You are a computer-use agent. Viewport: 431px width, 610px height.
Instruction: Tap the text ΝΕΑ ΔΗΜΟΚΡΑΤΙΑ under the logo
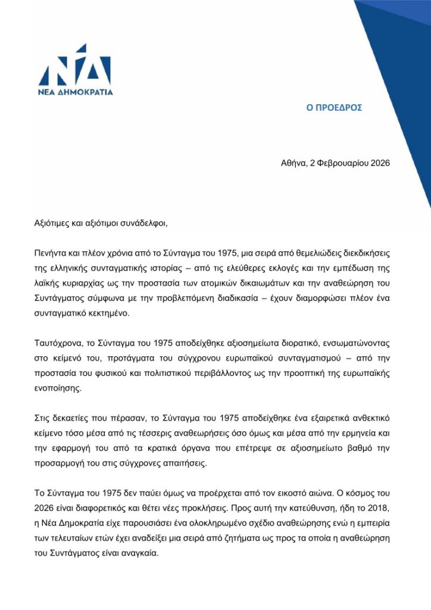click(75, 92)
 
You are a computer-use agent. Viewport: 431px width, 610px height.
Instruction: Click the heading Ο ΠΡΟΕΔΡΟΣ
click(335, 108)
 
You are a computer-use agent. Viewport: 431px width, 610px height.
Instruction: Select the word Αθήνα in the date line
click(293, 163)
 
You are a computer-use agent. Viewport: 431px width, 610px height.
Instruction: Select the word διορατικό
click(299, 344)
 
